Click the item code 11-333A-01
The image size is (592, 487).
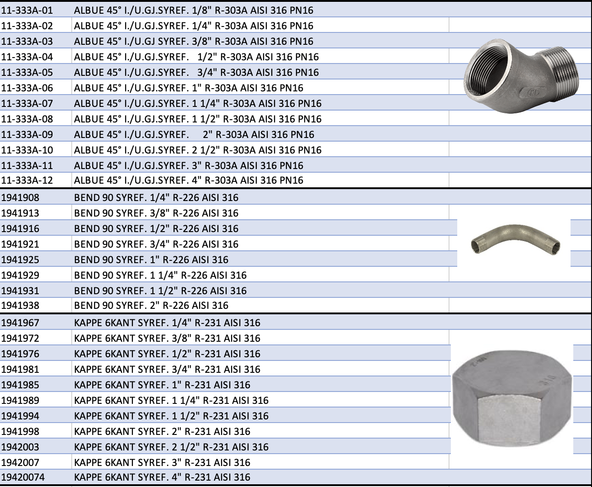[27, 11]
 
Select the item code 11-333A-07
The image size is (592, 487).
[27, 104]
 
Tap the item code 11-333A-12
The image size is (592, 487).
[27, 180]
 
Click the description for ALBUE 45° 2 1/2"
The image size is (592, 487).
[198, 150]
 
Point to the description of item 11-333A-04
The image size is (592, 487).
[196, 57]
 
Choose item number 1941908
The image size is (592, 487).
[20, 198]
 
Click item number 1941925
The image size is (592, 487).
[20, 259]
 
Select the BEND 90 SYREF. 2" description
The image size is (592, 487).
[151, 305]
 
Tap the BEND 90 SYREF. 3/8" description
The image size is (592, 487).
[156, 213]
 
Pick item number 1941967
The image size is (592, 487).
[20, 323]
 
